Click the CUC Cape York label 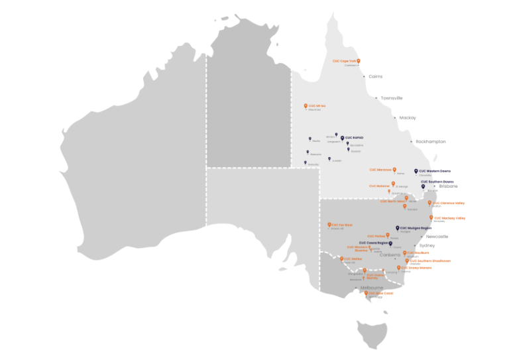coord(344,61)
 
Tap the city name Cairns coord(375,77)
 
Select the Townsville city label coord(391,98)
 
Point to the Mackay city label coord(407,118)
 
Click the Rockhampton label coord(430,141)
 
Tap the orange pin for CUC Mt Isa coord(306,106)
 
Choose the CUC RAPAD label coord(354,138)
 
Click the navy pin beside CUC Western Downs coord(416,171)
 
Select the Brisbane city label coord(448,186)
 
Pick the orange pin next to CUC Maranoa coord(394,170)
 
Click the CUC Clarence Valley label coord(449,203)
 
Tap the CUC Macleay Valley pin coord(431,217)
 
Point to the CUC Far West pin coord(329,225)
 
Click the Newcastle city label coord(437,236)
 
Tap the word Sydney coord(427,245)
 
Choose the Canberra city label coord(390,255)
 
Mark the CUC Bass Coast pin coord(366,293)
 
